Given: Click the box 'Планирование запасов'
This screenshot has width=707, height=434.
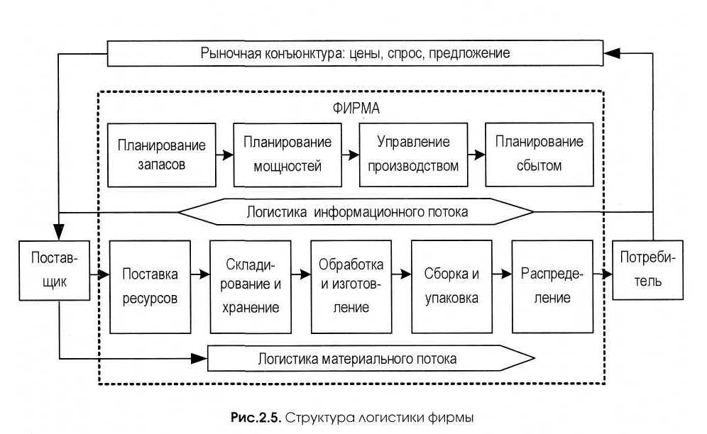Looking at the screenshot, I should (x=162, y=155).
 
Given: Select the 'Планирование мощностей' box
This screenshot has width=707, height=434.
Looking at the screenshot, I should (x=287, y=155).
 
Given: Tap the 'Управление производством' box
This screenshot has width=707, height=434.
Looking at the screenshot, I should (x=414, y=155).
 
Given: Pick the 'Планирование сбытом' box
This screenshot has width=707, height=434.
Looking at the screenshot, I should (x=539, y=155).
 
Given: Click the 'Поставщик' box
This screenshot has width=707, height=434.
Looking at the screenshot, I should (x=55, y=270).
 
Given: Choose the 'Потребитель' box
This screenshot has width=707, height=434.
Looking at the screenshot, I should (x=647, y=270).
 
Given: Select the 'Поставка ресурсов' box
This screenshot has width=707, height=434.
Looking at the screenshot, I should (x=149, y=286).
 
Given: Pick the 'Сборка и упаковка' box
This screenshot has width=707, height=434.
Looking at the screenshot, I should (x=451, y=286).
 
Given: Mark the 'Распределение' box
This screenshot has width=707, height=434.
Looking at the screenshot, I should (x=552, y=286).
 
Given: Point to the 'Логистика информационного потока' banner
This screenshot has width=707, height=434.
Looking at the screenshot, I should (x=355, y=211).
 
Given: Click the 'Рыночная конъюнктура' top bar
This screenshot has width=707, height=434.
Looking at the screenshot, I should (x=355, y=52).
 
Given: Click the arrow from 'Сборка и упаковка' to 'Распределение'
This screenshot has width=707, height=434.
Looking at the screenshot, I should (x=502, y=273).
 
